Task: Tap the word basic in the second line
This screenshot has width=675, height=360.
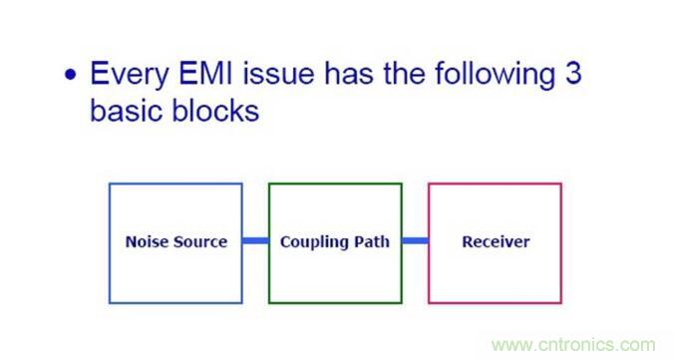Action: point(126,110)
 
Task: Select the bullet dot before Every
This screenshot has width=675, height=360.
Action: point(71,76)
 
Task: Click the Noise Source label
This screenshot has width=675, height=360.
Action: point(175,241)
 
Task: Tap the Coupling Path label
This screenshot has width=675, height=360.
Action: point(335,241)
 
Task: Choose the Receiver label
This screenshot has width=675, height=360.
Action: point(496,241)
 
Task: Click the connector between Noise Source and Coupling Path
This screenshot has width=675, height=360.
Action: point(255,241)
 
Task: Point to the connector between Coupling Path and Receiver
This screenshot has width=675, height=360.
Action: point(415,241)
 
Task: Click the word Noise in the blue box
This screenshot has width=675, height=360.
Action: point(147,241)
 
